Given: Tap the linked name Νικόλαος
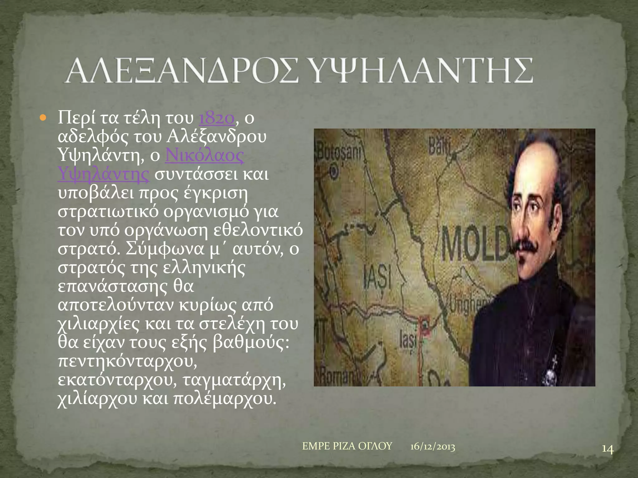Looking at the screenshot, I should pyautogui.click(x=204, y=156).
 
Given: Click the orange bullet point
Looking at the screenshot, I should pyautogui.click(x=43, y=119).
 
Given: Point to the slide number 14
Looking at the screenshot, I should pyautogui.click(x=607, y=458).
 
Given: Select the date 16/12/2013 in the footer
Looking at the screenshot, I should pyautogui.click(x=432, y=447).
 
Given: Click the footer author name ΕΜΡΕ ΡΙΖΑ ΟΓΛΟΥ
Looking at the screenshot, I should pyautogui.click(x=347, y=446).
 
